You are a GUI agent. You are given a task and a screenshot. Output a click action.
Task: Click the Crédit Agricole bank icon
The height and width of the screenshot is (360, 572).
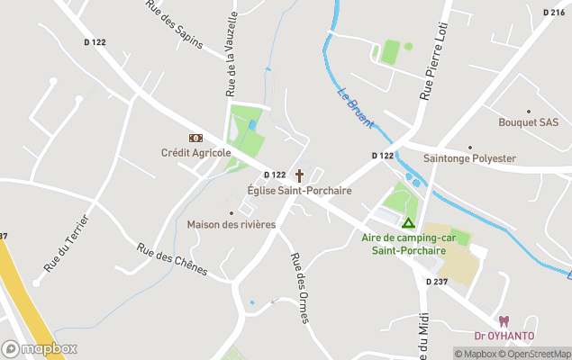point(195,138)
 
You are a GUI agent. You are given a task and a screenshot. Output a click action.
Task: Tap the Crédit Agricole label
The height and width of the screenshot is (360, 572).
point(195,153)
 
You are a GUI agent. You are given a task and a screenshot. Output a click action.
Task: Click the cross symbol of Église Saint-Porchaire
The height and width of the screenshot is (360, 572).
point(299,175)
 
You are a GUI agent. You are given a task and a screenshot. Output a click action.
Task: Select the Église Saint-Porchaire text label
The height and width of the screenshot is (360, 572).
point(299,191)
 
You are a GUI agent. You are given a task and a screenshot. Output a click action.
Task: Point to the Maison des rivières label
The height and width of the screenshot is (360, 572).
point(232,224)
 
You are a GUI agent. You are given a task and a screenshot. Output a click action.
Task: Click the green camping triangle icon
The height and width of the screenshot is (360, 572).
point(408,222)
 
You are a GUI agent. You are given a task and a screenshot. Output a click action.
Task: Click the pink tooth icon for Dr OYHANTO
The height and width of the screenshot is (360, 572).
point(504,321)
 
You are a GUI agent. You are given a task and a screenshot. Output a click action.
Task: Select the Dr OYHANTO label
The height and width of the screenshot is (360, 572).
point(504,337)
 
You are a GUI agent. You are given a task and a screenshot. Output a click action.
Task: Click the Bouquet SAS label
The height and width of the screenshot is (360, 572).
point(529,122)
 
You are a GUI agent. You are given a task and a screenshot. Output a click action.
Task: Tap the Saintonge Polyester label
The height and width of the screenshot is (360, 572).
point(469,158)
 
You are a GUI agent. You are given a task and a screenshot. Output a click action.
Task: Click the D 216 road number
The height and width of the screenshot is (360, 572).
point(554,13)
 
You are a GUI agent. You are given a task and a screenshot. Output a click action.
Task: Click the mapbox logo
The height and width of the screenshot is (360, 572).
point(40,348)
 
